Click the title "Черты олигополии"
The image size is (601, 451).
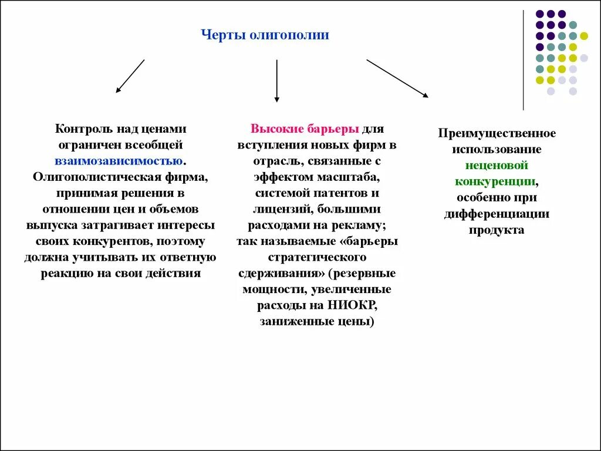tap(265, 35)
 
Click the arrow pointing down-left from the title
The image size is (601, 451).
tap(130, 76)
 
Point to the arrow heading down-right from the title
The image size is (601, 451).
tap(397, 78)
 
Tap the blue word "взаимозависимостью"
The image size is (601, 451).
tap(119, 160)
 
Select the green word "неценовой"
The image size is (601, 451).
tap(497, 166)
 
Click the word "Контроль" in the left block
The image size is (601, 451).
tap(82, 129)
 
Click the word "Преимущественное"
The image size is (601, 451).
tap(497, 133)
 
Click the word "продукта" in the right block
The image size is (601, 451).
tap(497, 230)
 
